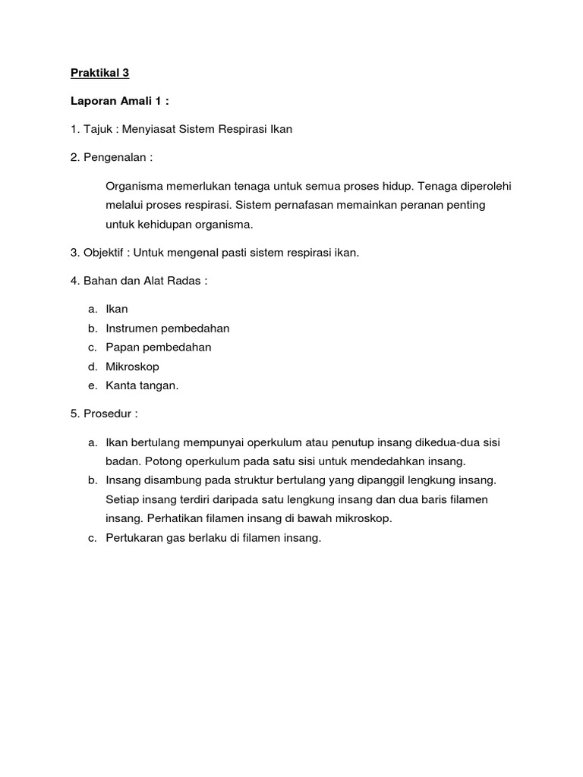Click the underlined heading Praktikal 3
point(99,73)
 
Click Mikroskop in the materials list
point(133,366)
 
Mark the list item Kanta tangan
point(143,385)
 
